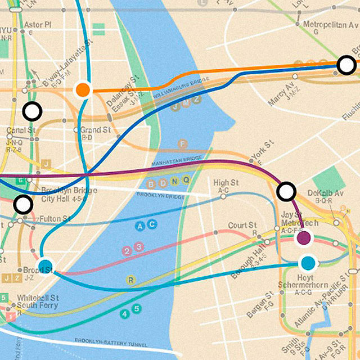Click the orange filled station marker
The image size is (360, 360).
(x=83, y=89)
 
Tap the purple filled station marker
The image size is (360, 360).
(x=304, y=238)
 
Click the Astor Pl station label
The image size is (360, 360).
(x=38, y=25)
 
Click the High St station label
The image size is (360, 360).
(x=226, y=183)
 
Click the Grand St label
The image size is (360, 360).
(x=94, y=130)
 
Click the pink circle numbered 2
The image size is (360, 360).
(x=128, y=251)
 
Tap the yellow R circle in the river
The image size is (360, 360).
(x=131, y=280)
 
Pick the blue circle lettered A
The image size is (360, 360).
(x=141, y=226)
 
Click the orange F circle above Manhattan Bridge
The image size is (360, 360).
(x=182, y=144)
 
